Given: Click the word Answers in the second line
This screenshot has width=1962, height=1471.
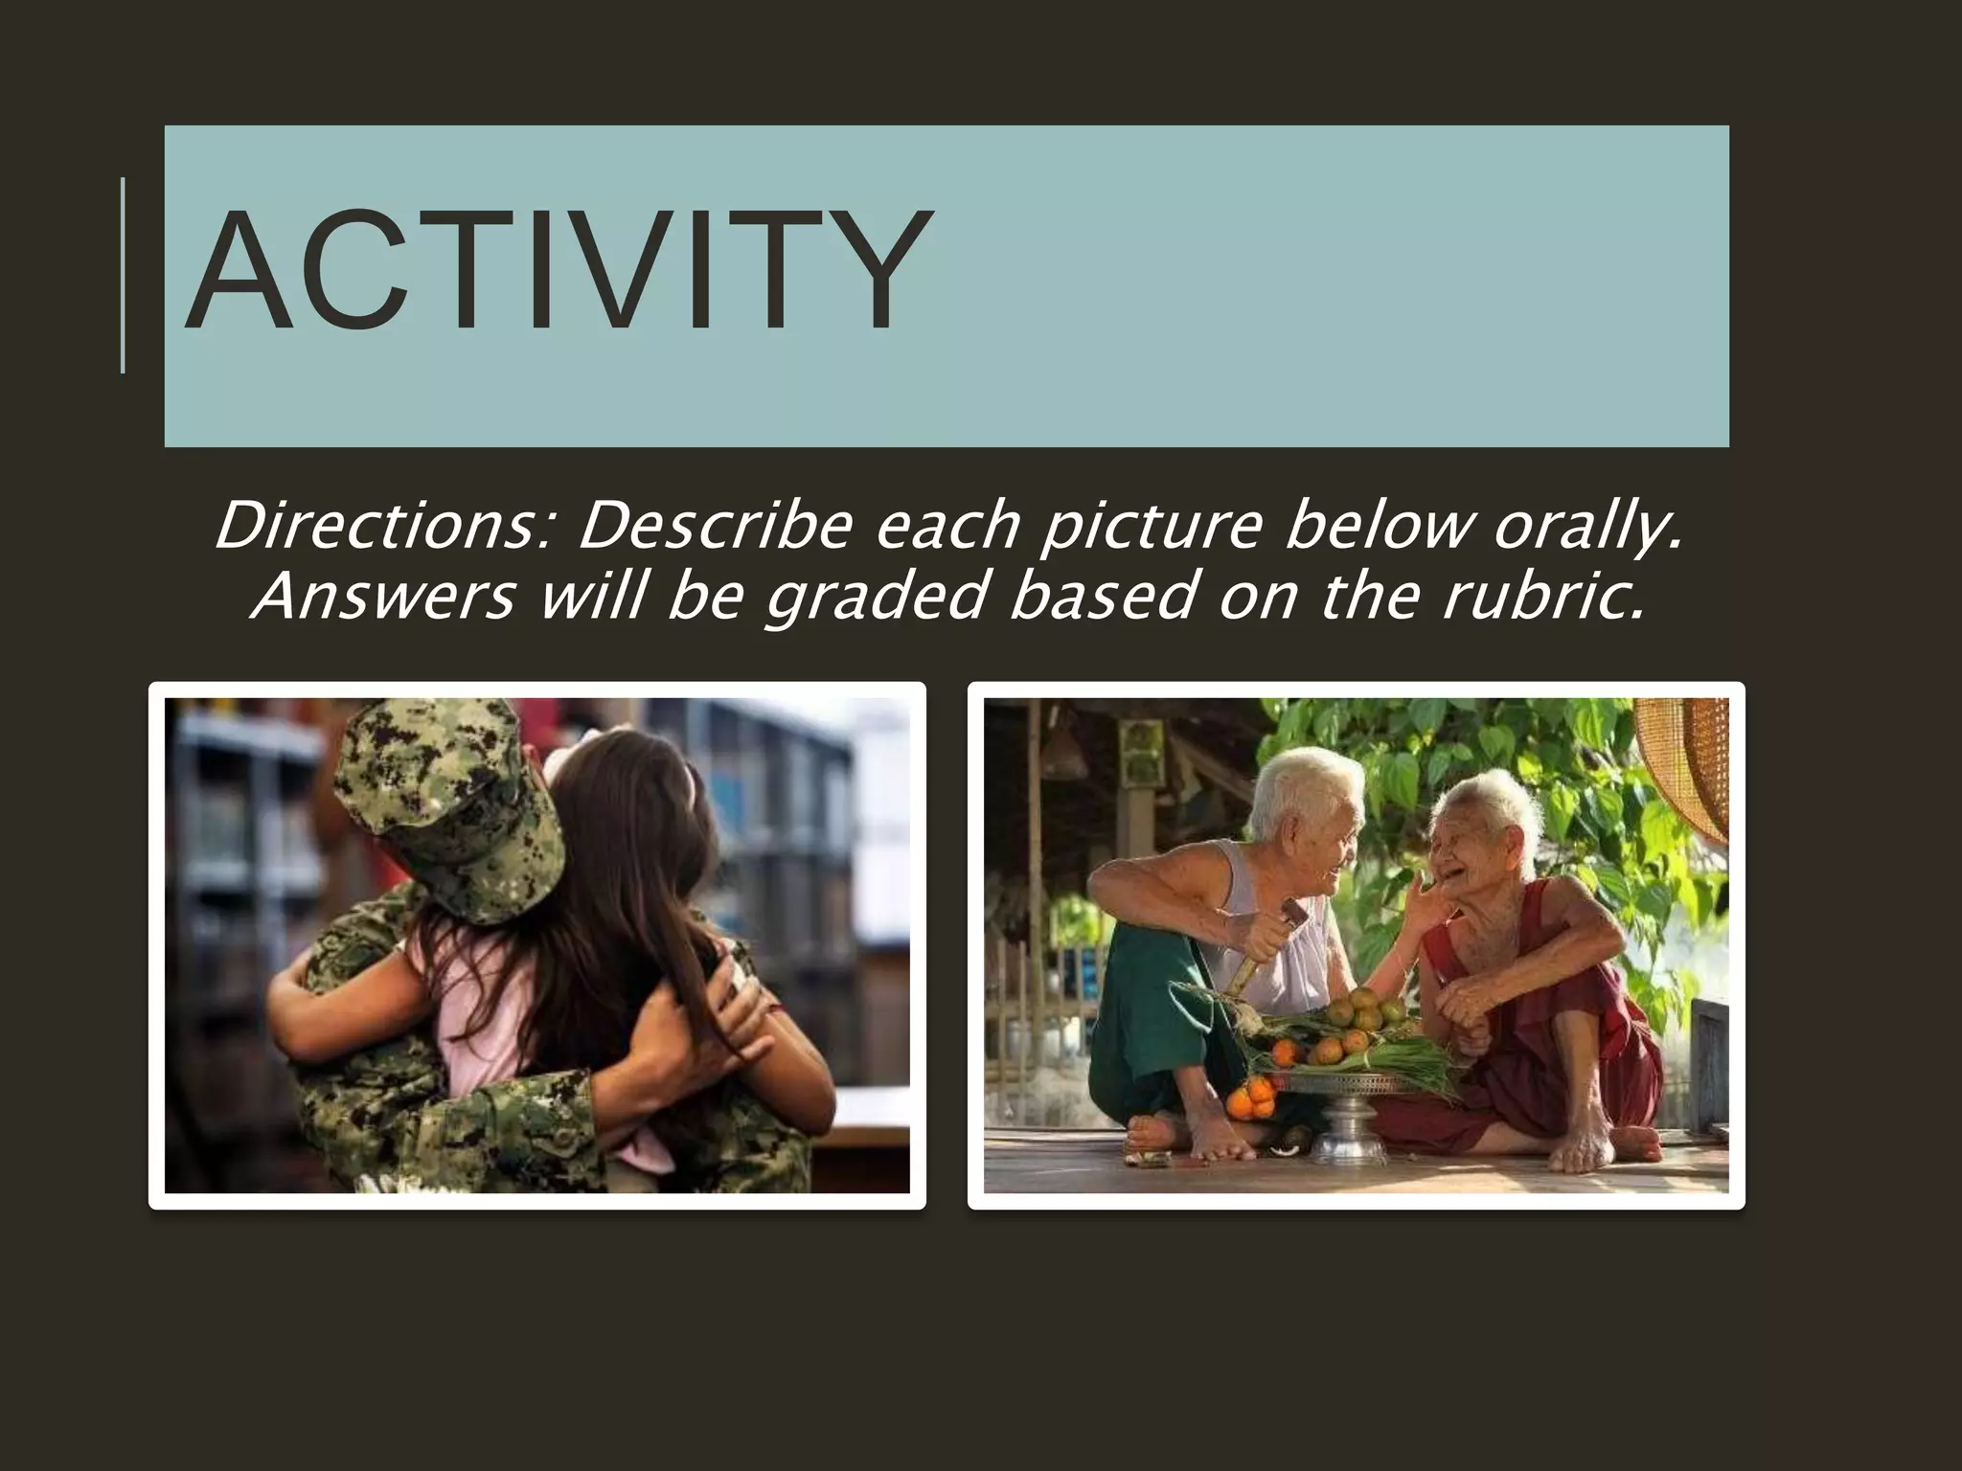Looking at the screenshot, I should (x=383, y=598).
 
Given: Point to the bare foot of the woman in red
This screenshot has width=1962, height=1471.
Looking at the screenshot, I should (x=1590, y=1148).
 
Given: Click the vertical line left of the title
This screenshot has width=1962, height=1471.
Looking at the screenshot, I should (x=124, y=274).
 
